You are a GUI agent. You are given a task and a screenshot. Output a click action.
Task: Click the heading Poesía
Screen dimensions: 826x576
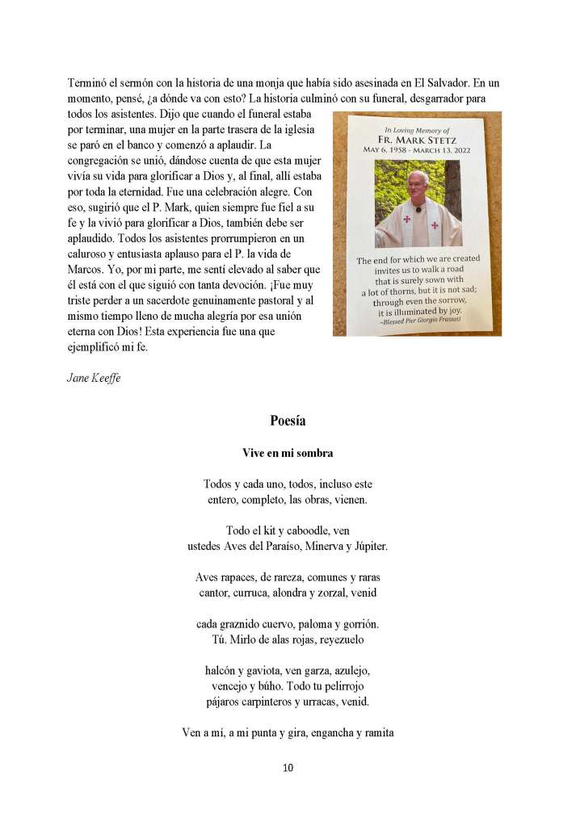288,420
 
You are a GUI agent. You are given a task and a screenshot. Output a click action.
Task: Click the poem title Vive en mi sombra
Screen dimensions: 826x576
288,453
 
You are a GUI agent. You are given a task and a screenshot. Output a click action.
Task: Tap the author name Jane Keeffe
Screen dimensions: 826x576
93,378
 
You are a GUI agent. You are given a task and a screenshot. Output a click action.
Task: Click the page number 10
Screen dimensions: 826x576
288,767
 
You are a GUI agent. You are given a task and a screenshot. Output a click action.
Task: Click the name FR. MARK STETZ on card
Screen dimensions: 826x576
418,139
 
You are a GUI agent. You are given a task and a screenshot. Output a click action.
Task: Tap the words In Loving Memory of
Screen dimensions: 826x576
417,128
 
